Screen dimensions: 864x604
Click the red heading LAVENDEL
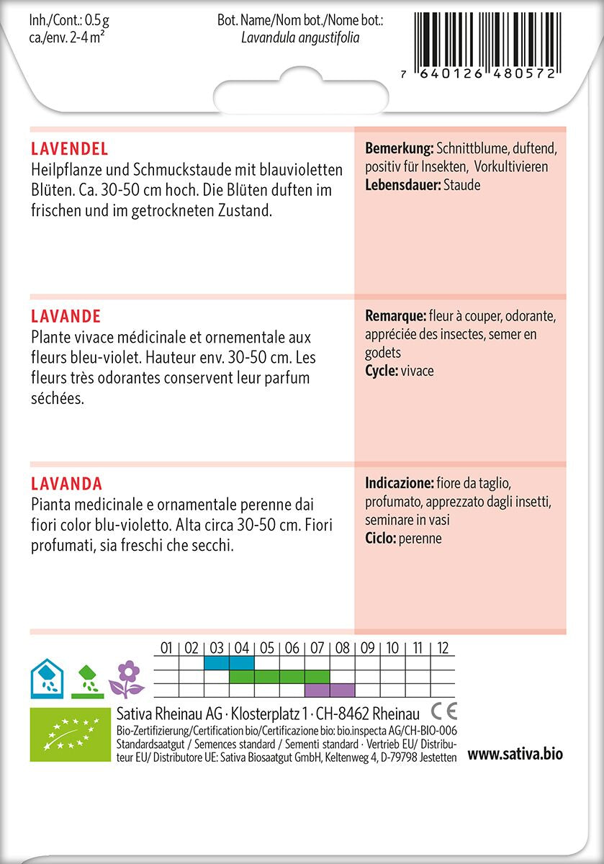[x=70, y=149]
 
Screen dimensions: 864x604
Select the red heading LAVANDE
[x=66, y=317]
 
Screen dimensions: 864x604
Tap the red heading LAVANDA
[x=66, y=483]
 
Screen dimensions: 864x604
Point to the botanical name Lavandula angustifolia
[x=301, y=37]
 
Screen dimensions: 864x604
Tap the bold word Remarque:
[x=395, y=316]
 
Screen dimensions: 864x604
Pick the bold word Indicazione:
[x=399, y=482]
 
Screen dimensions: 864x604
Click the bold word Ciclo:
[x=382, y=539]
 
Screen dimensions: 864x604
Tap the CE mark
[x=443, y=713]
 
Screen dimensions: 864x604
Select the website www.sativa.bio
[x=515, y=755]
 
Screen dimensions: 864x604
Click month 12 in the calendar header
[x=443, y=648]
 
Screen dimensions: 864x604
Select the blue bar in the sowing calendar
[x=229, y=662]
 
